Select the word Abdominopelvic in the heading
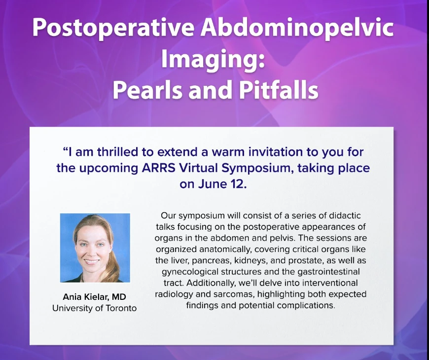pyautogui.click(x=297, y=28)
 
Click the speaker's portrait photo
pyautogui.click(x=95, y=248)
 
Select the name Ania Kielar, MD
pyautogui.click(x=94, y=297)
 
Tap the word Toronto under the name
pyautogui.click(x=121, y=308)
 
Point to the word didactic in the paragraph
pyautogui.click(x=345, y=216)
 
